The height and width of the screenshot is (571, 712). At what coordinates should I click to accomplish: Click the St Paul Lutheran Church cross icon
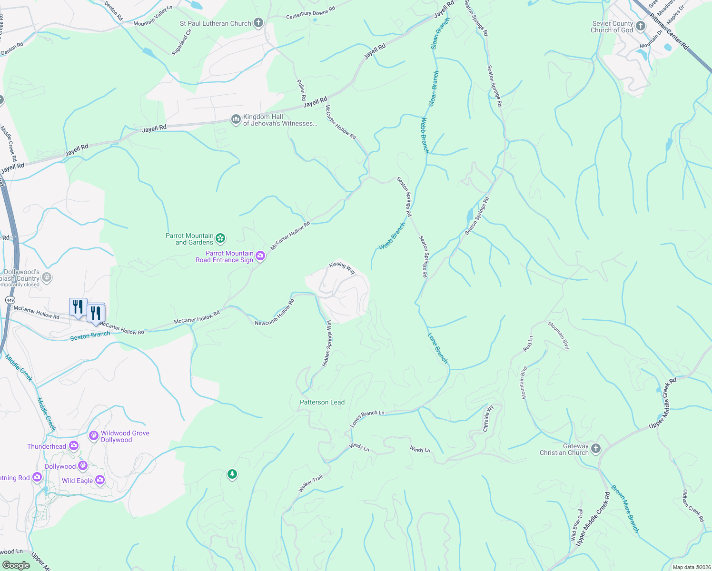[x=258, y=23]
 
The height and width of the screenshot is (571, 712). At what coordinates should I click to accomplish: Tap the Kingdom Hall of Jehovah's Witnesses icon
[x=236, y=119]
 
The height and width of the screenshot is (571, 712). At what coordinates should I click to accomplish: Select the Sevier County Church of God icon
[x=641, y=26]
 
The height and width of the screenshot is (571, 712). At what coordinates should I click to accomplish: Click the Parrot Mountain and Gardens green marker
[x=220, y=238]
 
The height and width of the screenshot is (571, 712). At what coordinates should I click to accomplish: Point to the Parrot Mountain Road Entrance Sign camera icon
[x=260, y=256]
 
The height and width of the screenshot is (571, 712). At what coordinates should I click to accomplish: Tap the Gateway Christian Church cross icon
[x=596, y=448]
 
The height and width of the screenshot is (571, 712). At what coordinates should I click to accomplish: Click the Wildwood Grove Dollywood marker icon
[x=94, y=435]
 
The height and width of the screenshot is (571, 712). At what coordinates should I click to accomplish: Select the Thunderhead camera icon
[x=74, y=446]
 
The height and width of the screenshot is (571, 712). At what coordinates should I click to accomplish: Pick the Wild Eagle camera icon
[x=100, y=480]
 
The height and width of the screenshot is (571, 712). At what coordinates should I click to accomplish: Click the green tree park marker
[x=232, y=474]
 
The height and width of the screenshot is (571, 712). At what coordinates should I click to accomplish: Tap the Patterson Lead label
[x=322, y=402]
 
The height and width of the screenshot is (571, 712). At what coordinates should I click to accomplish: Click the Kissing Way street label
[x=342, y=267]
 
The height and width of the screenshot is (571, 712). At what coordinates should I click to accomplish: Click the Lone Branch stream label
[x=437, y=348]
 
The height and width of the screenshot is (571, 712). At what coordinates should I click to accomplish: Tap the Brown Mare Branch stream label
[x=625, y=509]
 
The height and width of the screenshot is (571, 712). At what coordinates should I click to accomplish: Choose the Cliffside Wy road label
[x=489, y=418]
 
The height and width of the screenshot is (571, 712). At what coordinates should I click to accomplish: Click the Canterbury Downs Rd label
[x=310, y=13]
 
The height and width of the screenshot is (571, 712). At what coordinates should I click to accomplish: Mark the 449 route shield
[x=10, y=300]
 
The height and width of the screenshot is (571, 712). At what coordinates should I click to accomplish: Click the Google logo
[x=16, y=565]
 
